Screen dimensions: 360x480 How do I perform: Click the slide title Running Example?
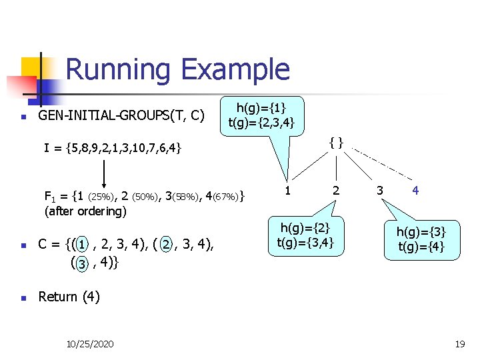pyautogui.click(x=177, y=69)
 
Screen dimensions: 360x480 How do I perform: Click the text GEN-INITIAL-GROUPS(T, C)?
pyautogui.click(x=121, y=116)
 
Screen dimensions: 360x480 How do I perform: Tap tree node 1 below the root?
pyautogui.click(x=287, y=191)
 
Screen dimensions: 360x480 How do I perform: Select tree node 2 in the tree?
pyautogui.click(x=336, y=191)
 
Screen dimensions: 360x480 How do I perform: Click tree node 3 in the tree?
pyautogui.click(x=379, y=191)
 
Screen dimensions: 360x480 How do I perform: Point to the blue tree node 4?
pyautogui.click(x=415, y=191)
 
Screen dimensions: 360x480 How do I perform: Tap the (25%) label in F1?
pyautogui.click(x=101, y=197)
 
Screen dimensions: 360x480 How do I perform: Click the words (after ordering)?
pyautogui.click(x=85, y=212)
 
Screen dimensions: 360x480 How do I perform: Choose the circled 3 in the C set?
pyautogui.click(x=81, y=264)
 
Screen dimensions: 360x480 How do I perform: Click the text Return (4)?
pyautogui.click(x=69, y=296)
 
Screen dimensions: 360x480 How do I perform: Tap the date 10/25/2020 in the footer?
pyautogui.click(x=90, y=344)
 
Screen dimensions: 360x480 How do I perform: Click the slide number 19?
pyautogui.click(x=459, y=344)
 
